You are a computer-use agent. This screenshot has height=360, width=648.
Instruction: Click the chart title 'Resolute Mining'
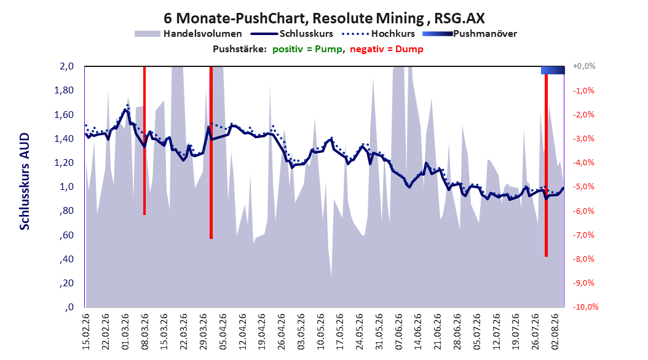tap(368, 18)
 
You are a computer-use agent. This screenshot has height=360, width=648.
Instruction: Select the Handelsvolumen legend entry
tap(188, 34)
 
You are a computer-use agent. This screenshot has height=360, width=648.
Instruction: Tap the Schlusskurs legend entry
tap(292, 34)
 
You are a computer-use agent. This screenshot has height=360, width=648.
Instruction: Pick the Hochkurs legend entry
tap(378, 34)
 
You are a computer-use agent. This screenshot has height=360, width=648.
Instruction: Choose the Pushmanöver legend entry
tap(470, 34)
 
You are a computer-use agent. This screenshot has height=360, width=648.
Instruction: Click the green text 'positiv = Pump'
tap(307, 49)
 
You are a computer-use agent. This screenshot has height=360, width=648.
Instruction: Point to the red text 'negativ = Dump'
tap(387, 49)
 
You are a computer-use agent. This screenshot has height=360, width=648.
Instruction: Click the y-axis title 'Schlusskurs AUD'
tap(25, 181)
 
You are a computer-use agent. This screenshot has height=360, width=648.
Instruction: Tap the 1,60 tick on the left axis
tap(64, 114)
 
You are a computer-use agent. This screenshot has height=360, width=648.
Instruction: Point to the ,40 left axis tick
tap(67, 259)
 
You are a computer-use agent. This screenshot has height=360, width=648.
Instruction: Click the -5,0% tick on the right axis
tap(583, 187)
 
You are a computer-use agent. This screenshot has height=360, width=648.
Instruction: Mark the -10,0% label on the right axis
tap(585, 307)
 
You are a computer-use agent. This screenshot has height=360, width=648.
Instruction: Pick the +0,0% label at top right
tap(584, 66)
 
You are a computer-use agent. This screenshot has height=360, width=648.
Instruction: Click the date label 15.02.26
tap(86, 332)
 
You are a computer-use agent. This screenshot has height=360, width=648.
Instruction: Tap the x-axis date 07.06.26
tap(398, 332)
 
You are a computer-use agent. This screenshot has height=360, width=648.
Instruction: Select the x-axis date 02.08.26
tap(555, 332)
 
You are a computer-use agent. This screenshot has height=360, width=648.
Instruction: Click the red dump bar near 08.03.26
tap(144, 140)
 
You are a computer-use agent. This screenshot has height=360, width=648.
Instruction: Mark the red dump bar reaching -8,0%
tap(546, 165)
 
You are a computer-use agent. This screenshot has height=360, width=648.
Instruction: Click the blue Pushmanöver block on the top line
tap(553, 70)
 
